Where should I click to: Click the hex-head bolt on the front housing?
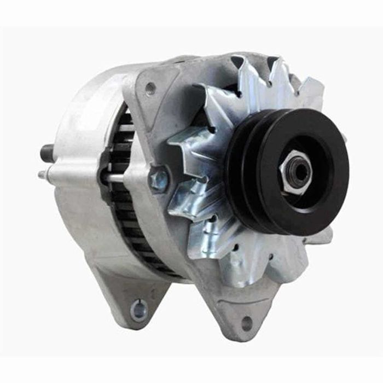(x=159, y=181)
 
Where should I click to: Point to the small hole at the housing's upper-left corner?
(x=149, y=88)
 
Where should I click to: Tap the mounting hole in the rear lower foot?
(x=139, y=310)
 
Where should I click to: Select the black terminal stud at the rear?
(x=48, y=153)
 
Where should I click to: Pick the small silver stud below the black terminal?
(x=42, y=175)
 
